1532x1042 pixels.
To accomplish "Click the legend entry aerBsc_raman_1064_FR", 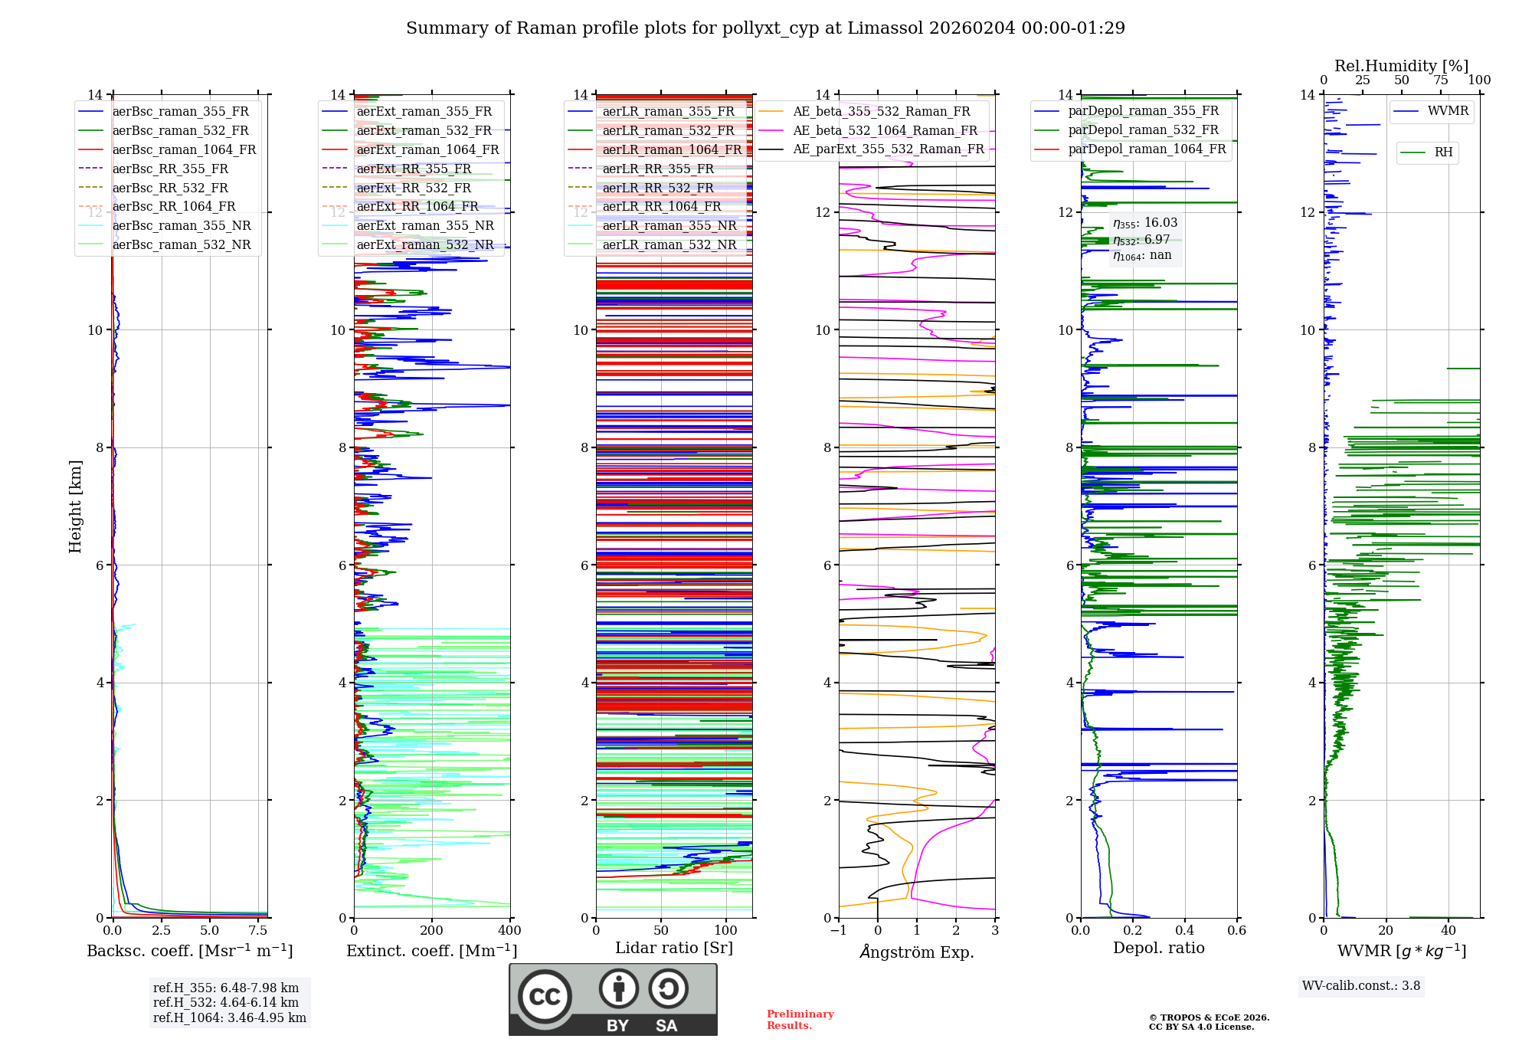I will (x=184, y=149).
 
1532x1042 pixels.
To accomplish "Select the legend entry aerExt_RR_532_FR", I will (x=414, y=188).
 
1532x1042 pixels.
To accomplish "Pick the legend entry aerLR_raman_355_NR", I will (x=669, y=225).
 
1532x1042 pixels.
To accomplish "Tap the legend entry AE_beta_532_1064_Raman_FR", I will (x=885, y=130).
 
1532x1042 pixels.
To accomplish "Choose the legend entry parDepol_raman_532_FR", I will (x=1143, y=129).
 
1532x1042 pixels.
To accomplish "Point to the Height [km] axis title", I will (x=75, y=506).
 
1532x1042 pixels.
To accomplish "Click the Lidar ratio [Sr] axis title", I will (x=674, y=948).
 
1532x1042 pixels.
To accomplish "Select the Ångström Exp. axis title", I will (x=917, y=952).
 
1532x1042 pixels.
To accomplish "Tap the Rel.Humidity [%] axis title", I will (x=1401, y=66).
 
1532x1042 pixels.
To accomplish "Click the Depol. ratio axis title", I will (x=1158, y=948).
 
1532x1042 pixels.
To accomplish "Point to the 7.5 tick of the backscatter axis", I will (x=258, y=930).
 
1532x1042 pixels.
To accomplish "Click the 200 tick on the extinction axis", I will (x=432, y=930).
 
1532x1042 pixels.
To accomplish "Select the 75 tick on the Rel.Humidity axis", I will (x=1441, y=80).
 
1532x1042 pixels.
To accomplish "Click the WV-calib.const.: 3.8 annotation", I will (x=1361, y=986).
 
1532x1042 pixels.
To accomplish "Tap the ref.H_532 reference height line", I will (x=226, y=1002).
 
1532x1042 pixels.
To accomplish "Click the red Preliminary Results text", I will (x=800, y=1020).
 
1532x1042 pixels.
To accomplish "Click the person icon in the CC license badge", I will (x=619, y=989).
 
